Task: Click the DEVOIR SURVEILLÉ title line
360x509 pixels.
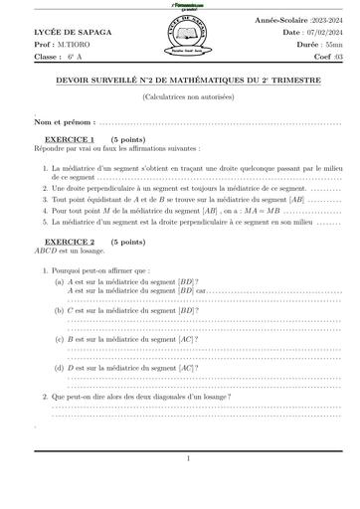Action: pyautogui.click(x=181, y=83)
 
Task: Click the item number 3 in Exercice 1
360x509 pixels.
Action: pyautogui.click(x=45, y=200)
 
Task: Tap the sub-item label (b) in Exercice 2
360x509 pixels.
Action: pyautogui.click(x=60, y=311)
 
